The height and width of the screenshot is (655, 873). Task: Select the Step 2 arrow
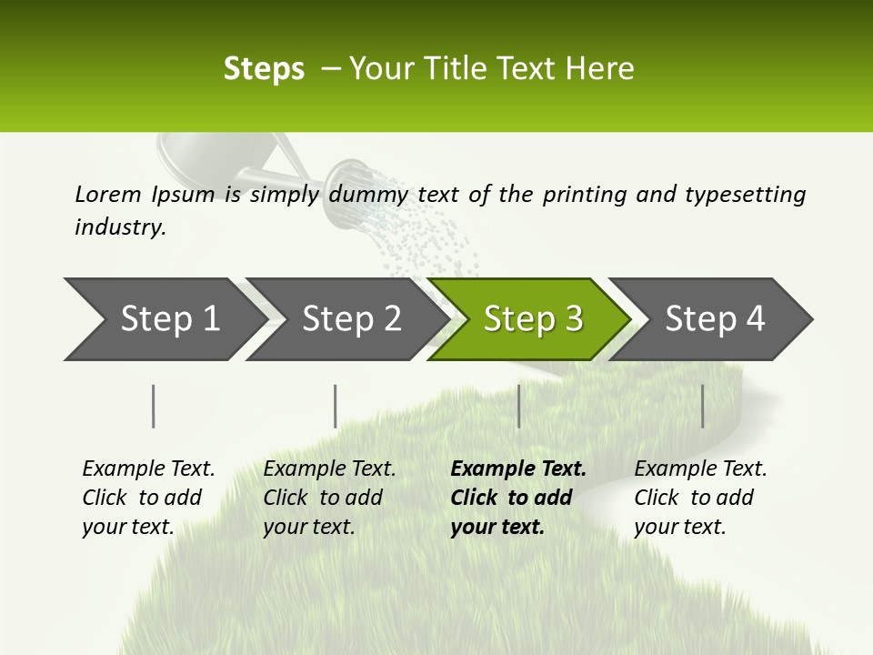(350, 319)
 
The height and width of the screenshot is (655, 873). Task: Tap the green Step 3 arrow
(532, 319)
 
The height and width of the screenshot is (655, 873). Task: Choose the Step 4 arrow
(714, 319)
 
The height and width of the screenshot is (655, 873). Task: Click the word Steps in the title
(264, 69)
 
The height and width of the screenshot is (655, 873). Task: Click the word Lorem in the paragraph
(107, 194)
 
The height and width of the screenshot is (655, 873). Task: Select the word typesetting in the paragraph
(745, 195)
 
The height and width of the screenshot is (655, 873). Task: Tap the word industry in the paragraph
(120, 227)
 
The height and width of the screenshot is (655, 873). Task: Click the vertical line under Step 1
(154, 406)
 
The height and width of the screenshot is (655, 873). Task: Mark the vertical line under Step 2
(336, 406)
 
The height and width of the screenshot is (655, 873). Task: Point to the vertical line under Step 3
(518, 406)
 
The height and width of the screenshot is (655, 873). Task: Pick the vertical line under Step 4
(702, 406)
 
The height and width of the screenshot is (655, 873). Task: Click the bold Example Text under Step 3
(518, 469)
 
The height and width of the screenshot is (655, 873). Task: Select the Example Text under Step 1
(148, 469)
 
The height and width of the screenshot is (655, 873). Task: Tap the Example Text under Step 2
(329, 469)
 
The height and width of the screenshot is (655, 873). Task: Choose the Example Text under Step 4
(700, 469)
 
